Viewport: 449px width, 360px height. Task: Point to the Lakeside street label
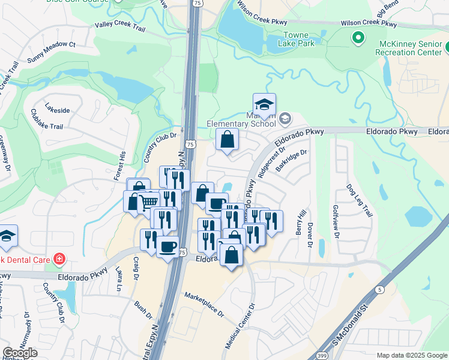[58, 110]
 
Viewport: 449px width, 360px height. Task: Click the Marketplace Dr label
[204, 305]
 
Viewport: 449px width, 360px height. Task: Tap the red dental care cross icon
[59, 260]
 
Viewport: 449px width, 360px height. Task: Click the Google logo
[20, 353]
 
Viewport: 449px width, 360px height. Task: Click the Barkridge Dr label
[292, 161]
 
